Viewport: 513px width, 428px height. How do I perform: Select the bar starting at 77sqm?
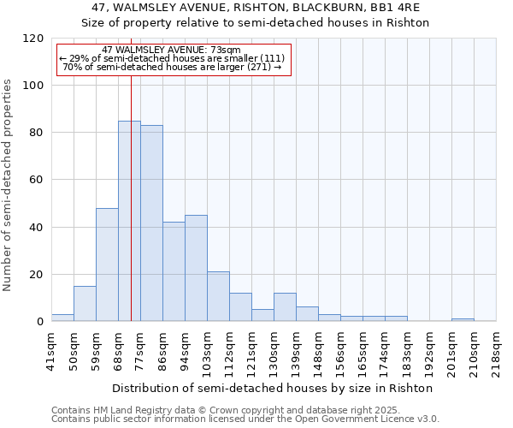(x=151, y=223)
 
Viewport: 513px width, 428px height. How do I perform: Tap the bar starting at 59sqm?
(x=107, y=265)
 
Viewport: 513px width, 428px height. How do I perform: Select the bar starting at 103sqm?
(x=218, y=296)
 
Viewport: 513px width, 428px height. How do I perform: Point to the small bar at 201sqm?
(x=463, y=319)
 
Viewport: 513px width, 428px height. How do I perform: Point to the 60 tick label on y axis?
(x=37, y=180)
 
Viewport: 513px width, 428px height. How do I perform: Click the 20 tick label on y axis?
(x=37, y=275)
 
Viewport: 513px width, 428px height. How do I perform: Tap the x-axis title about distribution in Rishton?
(x=274, y=388)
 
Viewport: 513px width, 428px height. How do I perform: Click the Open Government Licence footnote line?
(x=245, y=419)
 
